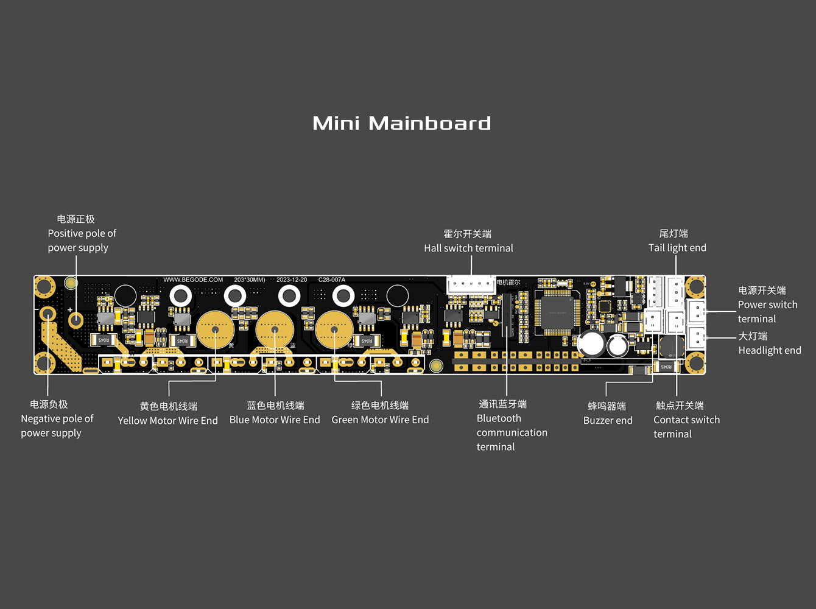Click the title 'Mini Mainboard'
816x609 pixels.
click(401, 123)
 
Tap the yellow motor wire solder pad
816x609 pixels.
click(215, 330)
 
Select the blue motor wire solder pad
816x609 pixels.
click(275, 330)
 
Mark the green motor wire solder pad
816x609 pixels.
click(334, 330)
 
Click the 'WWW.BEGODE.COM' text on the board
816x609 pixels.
click(193, 280)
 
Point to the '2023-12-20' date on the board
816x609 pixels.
click(292, 280)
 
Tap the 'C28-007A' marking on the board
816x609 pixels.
click(332, 280)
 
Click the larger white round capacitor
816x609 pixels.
click(591, 344)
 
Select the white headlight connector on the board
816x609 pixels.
click(696, 336)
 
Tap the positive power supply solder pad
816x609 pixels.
click(76, 319)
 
